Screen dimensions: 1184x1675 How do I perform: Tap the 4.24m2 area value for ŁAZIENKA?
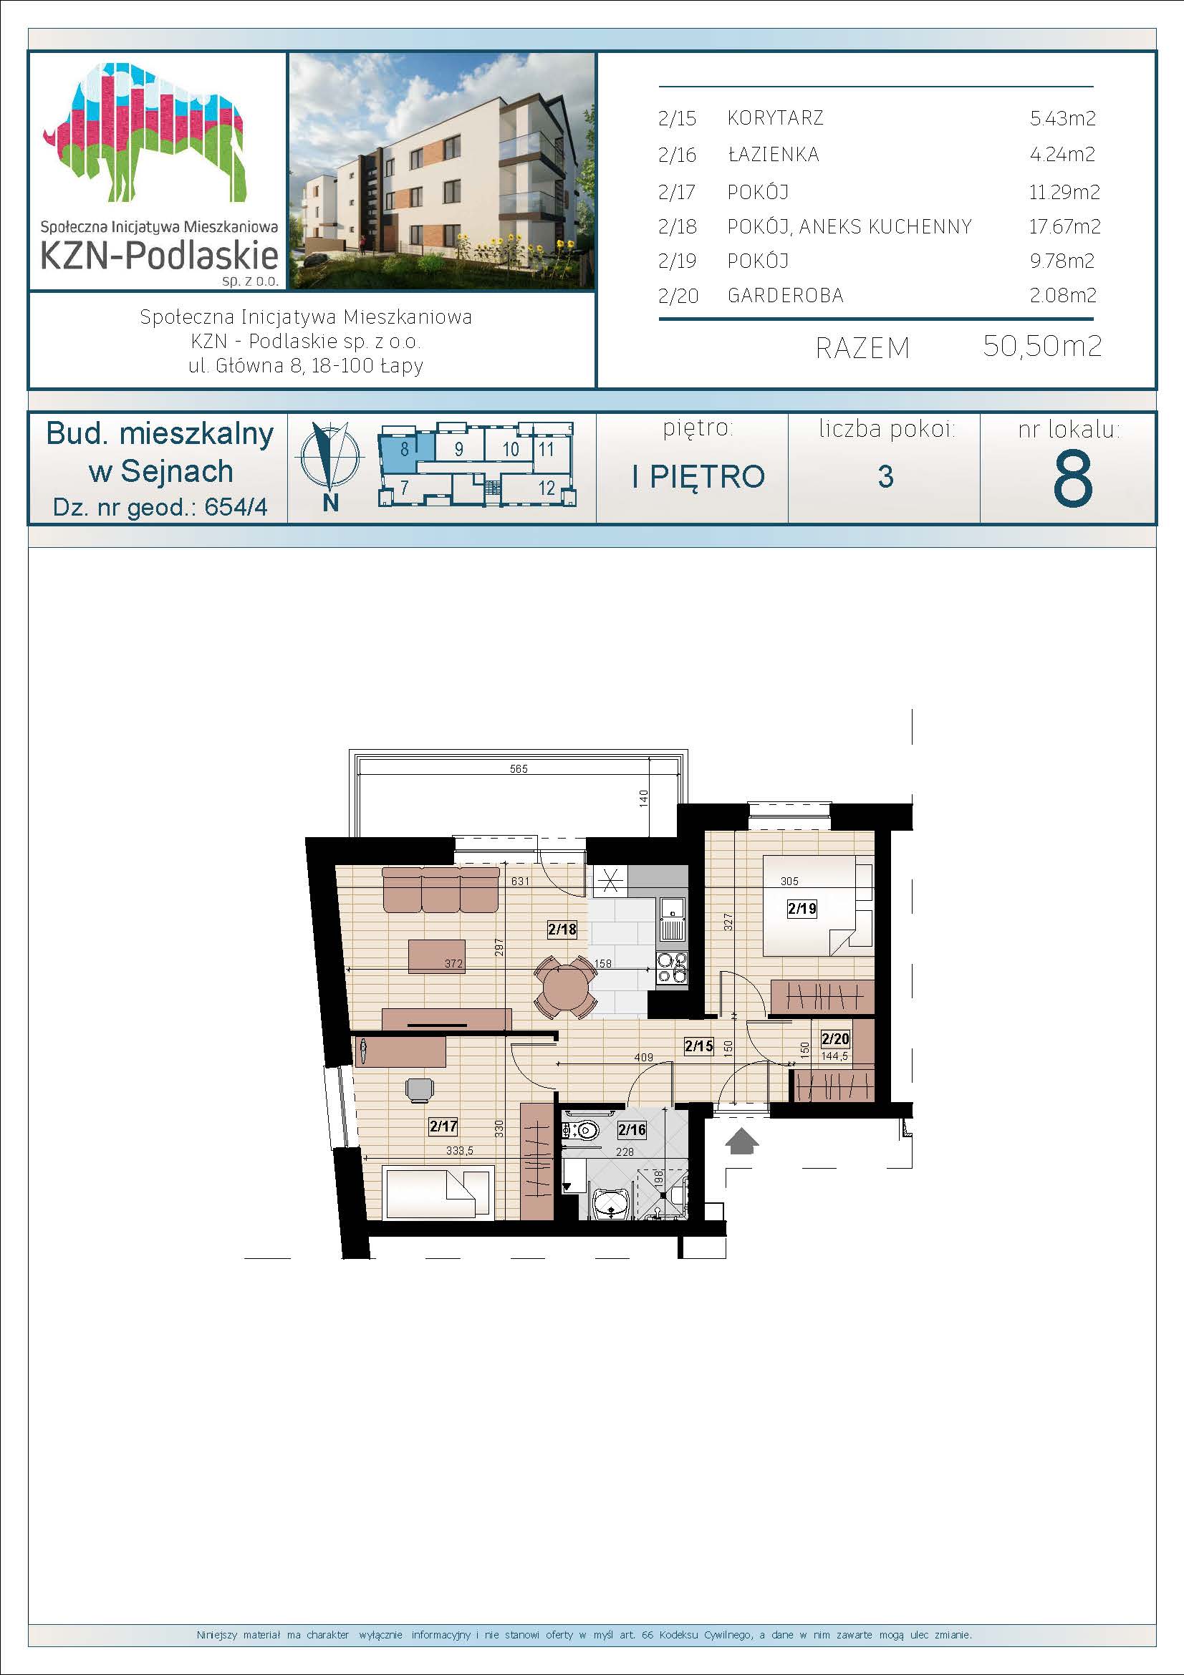(1062, 154)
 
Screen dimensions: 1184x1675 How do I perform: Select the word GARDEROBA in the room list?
(785, 296)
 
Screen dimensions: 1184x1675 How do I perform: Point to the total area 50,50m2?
(1041, 346)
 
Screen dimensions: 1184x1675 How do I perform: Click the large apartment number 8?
(1072, 478)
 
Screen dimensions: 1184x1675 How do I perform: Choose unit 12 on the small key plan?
(547, 488)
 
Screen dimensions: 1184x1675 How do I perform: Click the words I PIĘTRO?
(698, 476)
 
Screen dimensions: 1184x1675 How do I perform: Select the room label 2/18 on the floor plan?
(562, 929)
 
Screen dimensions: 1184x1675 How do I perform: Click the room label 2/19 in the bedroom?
(802, 908)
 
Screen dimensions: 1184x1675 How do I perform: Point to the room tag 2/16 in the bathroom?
(632, 1130)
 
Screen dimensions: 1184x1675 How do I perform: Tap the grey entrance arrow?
(743, 1141)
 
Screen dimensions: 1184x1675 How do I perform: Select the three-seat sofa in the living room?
(441, 889)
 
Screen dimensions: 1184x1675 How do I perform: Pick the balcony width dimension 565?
(519, 768)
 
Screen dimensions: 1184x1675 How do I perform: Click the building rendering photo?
(442, 170)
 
